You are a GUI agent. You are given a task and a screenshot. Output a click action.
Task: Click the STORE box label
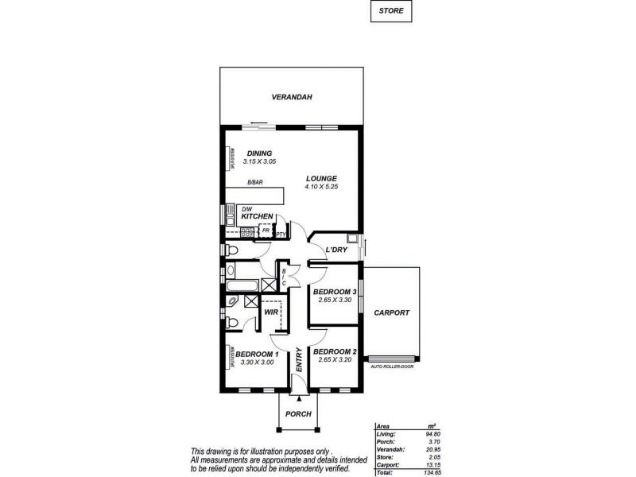pyautogui.click(x=391, y=12)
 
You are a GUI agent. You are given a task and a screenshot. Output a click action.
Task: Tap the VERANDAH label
pyautogui.click(x=290, y=97)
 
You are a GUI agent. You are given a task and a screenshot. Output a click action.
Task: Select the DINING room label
pyautogui.click(x=259, y=153)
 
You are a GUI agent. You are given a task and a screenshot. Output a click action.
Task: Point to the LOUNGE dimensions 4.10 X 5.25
pyautogui.click(x=321, y=186)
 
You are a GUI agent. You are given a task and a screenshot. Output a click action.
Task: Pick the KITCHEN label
pyautogui.click(x=258, y=216)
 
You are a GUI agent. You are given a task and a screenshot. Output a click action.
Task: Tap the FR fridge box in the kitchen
pyautogui.click(x=266, y=231)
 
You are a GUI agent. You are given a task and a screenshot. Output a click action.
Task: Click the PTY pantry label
pyautogui.click(x=280, y=235)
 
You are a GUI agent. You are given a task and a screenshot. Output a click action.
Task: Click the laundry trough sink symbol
pyautogui.click(x=352, y=238)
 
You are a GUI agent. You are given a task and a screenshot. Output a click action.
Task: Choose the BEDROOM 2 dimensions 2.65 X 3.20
pyautogui.click(x=333, y=359)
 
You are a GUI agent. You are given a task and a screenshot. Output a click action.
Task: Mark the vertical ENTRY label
pyautogui.click(x=299, y=362)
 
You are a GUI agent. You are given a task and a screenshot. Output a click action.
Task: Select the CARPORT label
pyautogui.click(x=391, y=313)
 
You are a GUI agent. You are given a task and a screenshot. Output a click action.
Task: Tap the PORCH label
pyautogui.click(x=297, y=414)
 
